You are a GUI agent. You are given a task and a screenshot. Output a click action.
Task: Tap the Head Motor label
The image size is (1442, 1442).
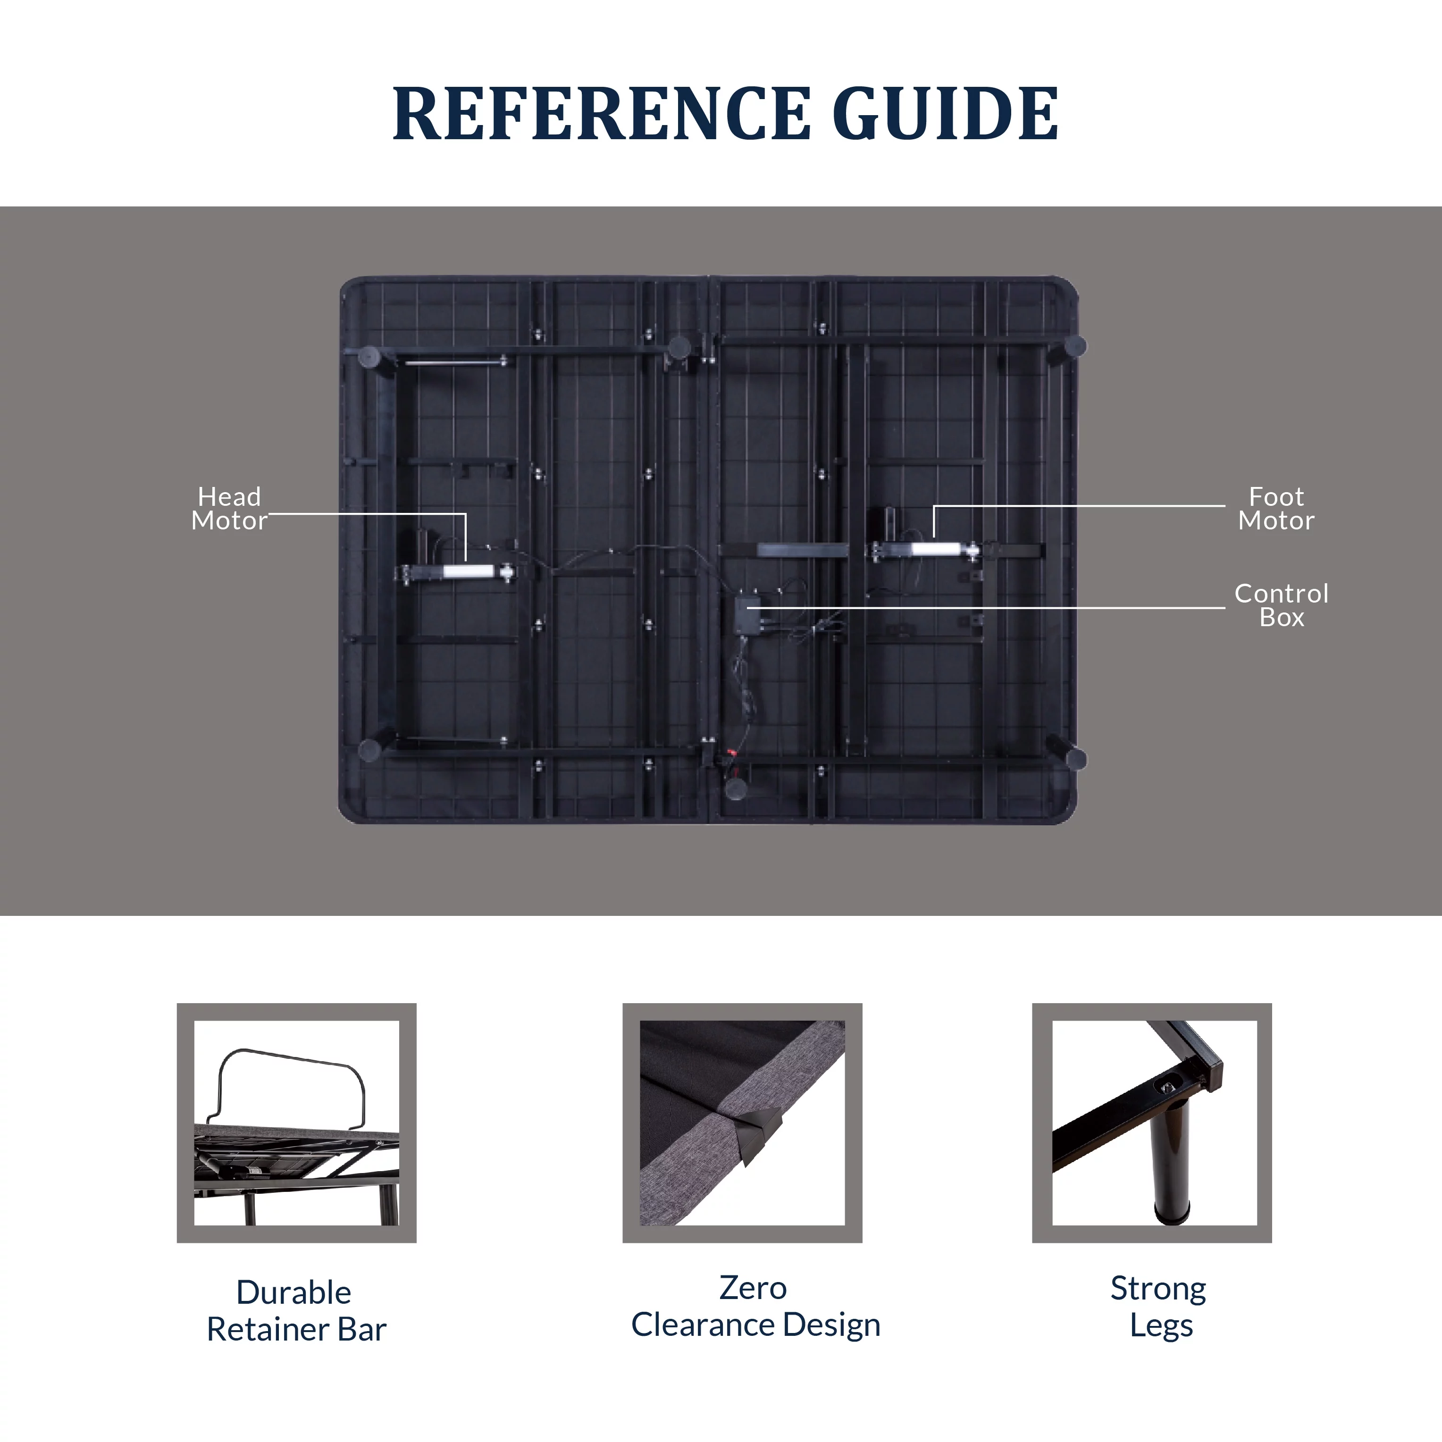pos(229,508)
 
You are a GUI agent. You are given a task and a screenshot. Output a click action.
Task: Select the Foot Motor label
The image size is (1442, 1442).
pos(1276,508)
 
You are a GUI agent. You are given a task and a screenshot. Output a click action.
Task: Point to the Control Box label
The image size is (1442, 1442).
pos(1282,604)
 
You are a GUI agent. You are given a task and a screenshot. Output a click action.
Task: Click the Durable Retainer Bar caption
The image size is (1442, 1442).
pos(295,1311)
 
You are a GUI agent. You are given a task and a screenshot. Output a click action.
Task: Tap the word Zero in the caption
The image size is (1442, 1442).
pos(753,1288)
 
